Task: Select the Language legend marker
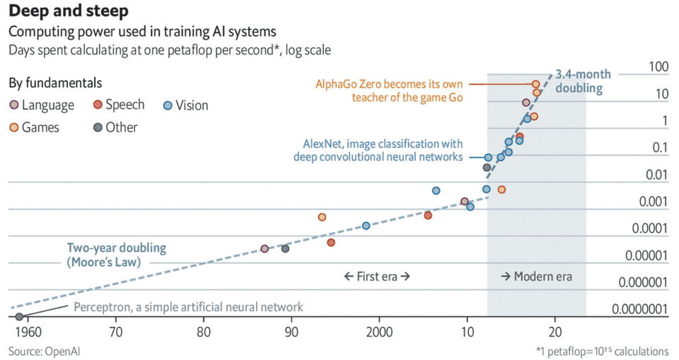(14, 105)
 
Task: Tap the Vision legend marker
(168, 105)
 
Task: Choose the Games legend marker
(14, 127)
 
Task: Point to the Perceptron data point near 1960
(19, 316)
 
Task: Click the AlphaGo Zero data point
(536, 84)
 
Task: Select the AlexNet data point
(488, 157)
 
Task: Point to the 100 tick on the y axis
(658, 67)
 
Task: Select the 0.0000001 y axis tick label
(640, 309)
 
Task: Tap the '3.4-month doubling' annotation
(582, 81)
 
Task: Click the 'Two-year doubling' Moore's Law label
(117, 255)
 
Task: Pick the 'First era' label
(377, 277)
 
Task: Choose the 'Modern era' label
(536, 277)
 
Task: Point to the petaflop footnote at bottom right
(602, 351)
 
